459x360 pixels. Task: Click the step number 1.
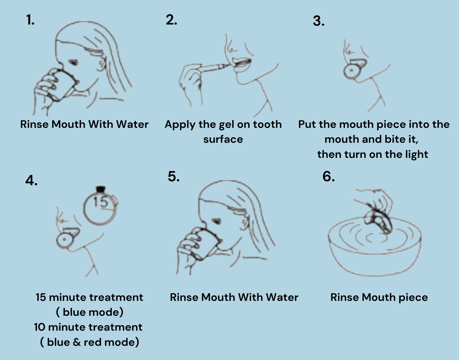[x=30, y=20]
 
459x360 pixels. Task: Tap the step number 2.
[x=171, y=20]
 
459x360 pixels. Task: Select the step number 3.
[x=319, y=21]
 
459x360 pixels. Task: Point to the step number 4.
[x=31, y=181]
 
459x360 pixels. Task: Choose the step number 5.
[x=174, y=176]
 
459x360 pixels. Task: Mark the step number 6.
[x=328, y=176]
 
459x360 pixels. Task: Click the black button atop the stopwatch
[x=101, y=189]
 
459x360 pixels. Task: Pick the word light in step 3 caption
[x=416, y=155]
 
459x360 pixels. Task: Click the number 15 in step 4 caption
[x=41, y=297]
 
